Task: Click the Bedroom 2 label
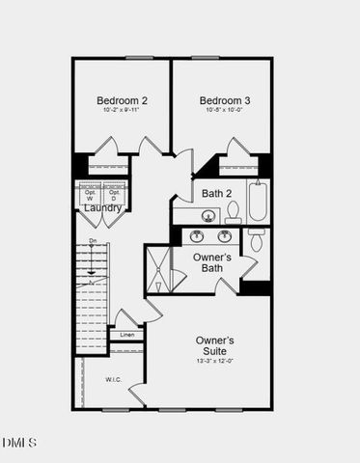(x=122, y=100)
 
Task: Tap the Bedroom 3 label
(x=225, y=100)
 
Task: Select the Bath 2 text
(x=217, y=194)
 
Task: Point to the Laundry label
(x=102, y=208)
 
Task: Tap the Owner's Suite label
(x=214, y=345)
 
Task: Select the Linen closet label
(x=126, y=337)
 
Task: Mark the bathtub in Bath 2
(x=259, y=201)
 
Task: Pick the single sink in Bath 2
(x=186, y=216)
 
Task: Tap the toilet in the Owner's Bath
(x=256, y=241)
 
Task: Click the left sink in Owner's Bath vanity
(x=197, y=235)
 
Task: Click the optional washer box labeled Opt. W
(x=90, y=193)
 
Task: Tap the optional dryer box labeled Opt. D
(x=115, y=193)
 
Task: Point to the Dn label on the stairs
(x=93, y=240)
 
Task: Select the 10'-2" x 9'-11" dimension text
(x=122, y=111)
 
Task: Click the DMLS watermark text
(x=19, y=443)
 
